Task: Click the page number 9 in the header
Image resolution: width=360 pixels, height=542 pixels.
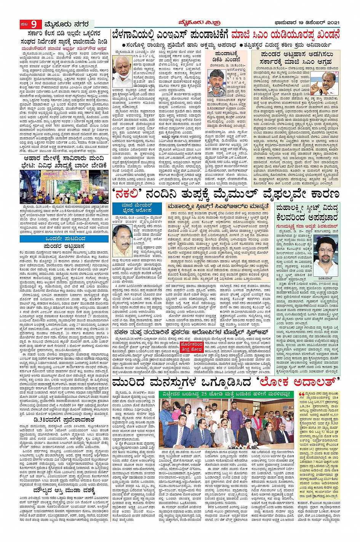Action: pos(34,25)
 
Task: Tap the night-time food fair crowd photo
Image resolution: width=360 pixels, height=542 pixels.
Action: pos(64,187)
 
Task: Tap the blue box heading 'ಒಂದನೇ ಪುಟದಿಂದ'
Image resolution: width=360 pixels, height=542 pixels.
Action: pos(64,239)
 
